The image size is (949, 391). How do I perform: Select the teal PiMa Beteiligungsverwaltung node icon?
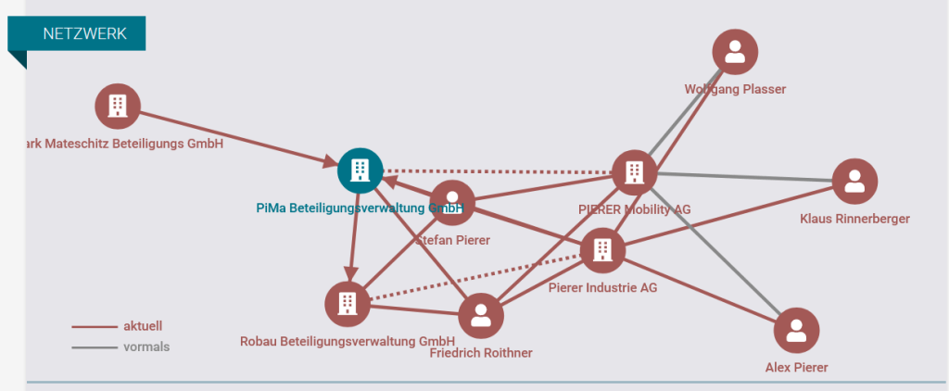pos(360,170)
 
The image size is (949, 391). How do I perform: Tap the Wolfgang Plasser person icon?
pos(735,52)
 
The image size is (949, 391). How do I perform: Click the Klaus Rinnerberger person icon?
pos(854,182)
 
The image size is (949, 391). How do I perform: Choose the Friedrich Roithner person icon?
pos(481,316)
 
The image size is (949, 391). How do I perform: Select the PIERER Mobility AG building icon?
pos(634,171)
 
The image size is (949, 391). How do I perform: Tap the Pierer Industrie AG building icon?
pos(602,249)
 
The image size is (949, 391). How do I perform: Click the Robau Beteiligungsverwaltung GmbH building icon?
pos(348,303)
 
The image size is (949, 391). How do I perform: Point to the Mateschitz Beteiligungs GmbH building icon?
pos(118,106)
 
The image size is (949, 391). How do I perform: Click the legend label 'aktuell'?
pos(143,326)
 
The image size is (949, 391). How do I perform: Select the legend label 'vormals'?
pos(146,347)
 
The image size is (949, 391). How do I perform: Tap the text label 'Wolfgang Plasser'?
pos(735,89)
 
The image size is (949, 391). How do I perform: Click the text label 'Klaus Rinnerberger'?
pos(854,220)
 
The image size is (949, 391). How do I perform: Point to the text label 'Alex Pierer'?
pos(796,368)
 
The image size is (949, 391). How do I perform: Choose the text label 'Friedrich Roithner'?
pos(481,352)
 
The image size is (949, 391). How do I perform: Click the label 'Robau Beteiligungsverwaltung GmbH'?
pos(348,340)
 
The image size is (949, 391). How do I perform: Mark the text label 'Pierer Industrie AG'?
pos(602,287)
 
